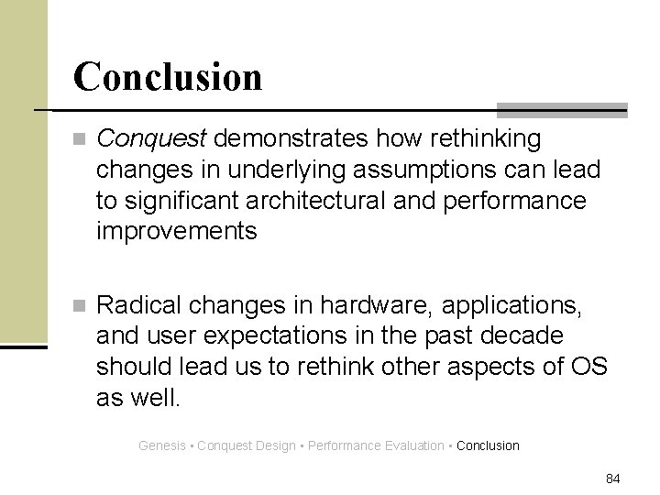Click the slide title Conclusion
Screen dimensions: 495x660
click(x=168, y=76)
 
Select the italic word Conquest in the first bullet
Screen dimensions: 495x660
click(x=153, y=138)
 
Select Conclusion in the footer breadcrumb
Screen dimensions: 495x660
click(x=488, y=445)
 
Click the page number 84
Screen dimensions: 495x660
click(x=613, y=478)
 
